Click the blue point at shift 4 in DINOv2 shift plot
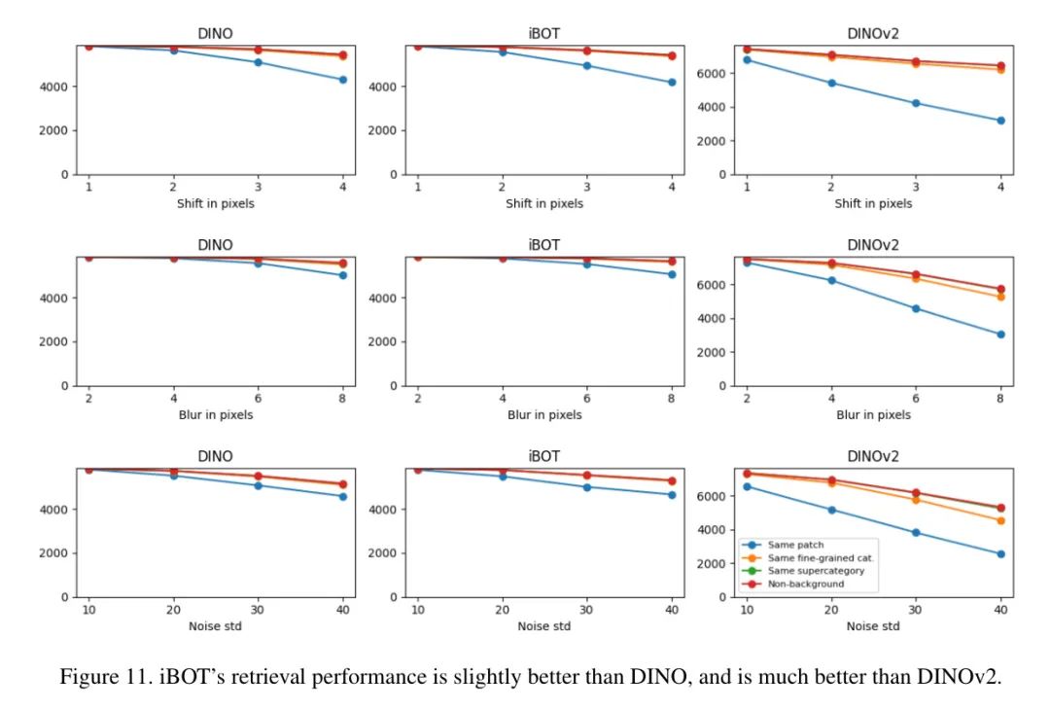1000,121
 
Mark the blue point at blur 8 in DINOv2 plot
1000,334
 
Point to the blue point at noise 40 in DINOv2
1000,553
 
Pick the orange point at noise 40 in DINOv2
1000,520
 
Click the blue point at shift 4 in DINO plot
342,80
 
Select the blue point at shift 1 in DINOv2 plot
747,59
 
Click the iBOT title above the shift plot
544,32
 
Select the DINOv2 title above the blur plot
872,244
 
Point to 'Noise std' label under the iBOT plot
544,626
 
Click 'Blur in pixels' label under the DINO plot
216,415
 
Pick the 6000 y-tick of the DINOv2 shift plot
714,73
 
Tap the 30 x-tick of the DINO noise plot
258,609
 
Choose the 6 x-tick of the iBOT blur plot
586,398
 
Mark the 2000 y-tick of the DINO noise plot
53,553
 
